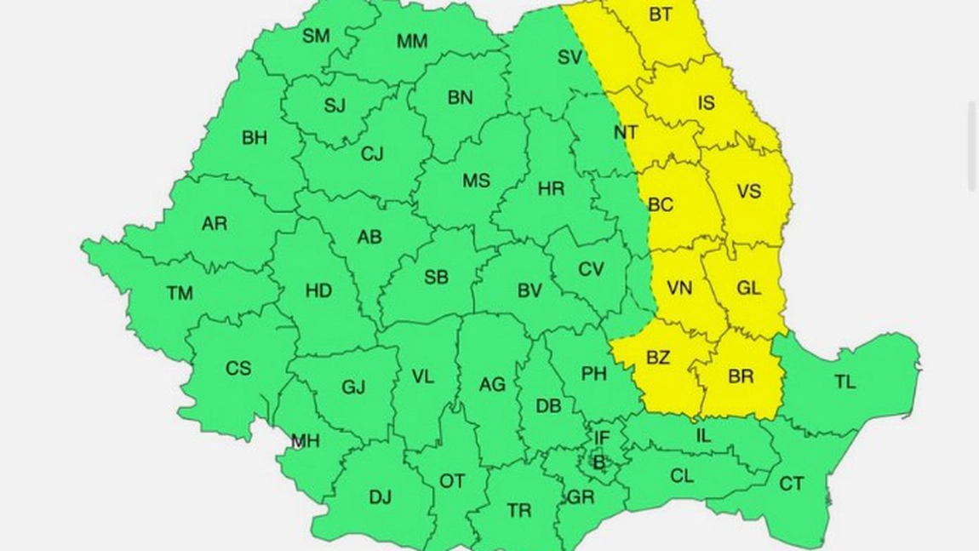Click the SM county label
(316, 36)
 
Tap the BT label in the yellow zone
(660, 14)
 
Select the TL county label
(844, 382)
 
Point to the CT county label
(792, 484)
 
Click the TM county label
(179, 294)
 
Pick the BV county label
(530, 290)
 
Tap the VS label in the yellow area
(748, 192)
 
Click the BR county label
(741, 376)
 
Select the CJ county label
(372, 154)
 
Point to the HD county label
(318, 291)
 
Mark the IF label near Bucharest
(602, 438)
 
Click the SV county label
(570, 58)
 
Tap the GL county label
(748, 288)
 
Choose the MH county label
(305, 440)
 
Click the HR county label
(552, 189)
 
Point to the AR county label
(215, 224)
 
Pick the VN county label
(679, 288)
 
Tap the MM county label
(412, 40)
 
